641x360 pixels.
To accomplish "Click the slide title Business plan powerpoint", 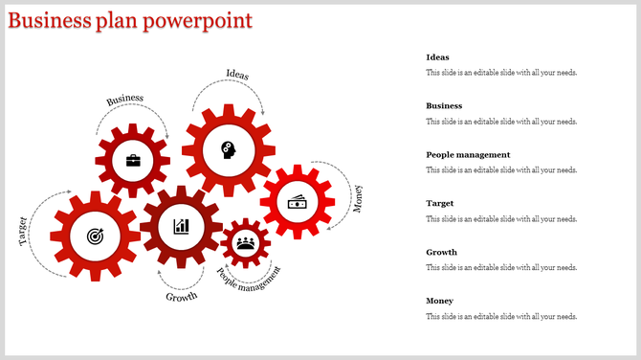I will [130, 20].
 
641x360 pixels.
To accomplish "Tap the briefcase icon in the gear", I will [133, 160].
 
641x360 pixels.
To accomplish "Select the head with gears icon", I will [228, 149].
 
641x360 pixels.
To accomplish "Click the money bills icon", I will [298, 201].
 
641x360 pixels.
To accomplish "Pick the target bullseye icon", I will [95, 235].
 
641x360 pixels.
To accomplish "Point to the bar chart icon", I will [181, 226].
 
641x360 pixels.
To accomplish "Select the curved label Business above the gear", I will [125, 99].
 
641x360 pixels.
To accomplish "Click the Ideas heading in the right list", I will [437, 57].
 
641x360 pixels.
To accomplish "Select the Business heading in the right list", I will [444, 106].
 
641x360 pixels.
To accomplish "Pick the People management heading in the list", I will [468, 155].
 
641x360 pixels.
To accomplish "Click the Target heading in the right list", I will [439, 204].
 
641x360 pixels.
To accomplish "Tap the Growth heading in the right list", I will [441, 253].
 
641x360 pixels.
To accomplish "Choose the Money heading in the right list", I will [439, 302].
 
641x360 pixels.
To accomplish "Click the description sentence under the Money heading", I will [501, 317].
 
